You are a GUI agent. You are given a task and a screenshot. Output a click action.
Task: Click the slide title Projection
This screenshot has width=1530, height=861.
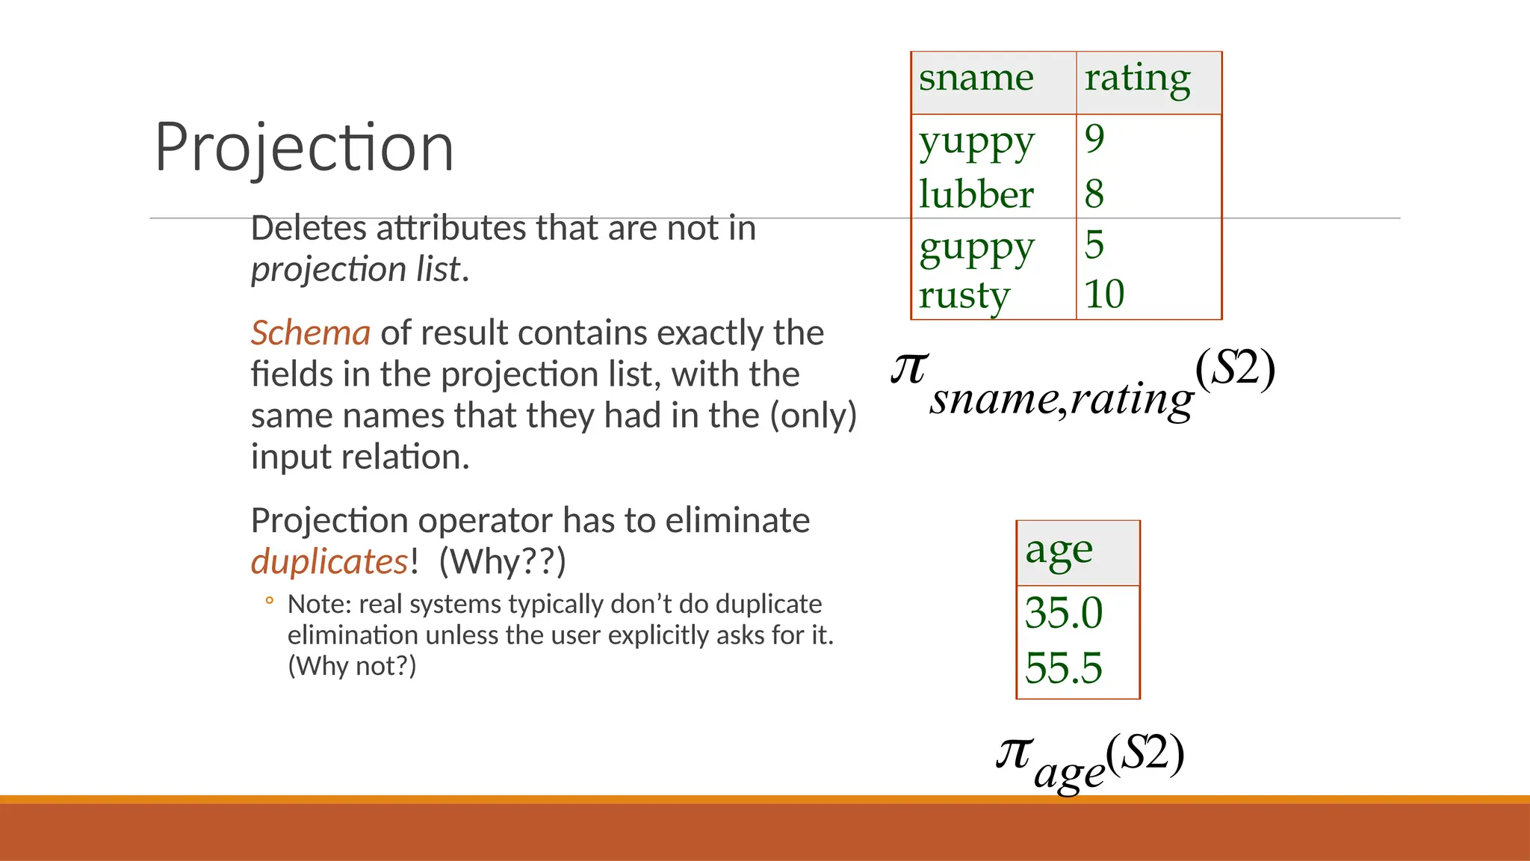(304, 147)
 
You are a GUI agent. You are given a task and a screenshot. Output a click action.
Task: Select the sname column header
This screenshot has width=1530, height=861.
(976, 78)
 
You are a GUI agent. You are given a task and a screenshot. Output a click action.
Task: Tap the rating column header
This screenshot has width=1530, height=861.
(1137, 78)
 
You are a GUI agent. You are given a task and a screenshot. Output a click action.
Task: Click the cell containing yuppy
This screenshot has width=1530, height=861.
(976, 141)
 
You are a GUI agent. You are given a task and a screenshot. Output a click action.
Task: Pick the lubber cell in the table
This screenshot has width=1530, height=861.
(976, 194)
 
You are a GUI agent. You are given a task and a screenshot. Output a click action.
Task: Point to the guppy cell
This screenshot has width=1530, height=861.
(976, 247)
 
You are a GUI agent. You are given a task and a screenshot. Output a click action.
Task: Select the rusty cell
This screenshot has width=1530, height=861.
(964, 294)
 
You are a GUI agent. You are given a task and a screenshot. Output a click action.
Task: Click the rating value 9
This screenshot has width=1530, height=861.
(1094, 139)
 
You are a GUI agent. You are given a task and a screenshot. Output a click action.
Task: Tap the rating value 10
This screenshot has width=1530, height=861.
(1104, 294)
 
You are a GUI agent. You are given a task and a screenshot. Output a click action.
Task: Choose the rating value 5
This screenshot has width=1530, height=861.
(1094, 244)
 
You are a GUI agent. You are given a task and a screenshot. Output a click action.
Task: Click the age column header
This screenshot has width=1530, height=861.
(1059, 552)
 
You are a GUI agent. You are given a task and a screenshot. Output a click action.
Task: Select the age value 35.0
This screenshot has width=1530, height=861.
(1063, 613)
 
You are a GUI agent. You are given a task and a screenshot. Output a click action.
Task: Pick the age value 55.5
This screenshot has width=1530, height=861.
(1063, 667)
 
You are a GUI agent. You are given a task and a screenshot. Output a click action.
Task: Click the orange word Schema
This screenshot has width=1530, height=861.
(310, 333)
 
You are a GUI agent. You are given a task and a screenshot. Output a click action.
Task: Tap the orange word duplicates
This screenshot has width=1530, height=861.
(329, 561)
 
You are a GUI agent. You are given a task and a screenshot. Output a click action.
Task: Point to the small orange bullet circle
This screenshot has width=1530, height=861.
(269, 600)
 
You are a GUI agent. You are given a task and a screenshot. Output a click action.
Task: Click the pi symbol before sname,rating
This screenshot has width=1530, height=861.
(909, 368)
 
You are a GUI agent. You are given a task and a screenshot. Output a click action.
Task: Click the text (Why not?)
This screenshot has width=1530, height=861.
(352, 665)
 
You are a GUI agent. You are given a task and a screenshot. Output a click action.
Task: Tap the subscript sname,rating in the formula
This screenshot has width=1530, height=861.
(1062, 399)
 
